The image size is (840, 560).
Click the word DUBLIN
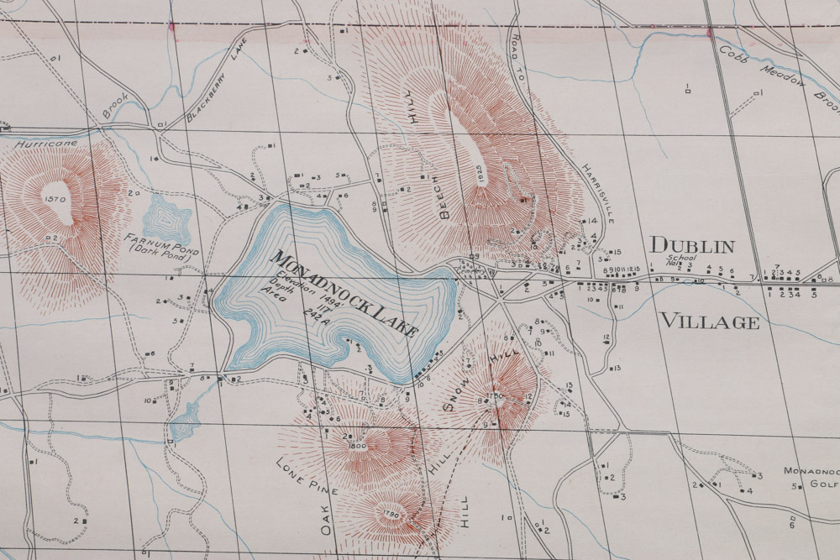[x=692, y=246]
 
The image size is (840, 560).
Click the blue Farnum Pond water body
[x=167, y=220]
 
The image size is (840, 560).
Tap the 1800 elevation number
[x=356, y=446]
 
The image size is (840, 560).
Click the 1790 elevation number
[x=388, y=514]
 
